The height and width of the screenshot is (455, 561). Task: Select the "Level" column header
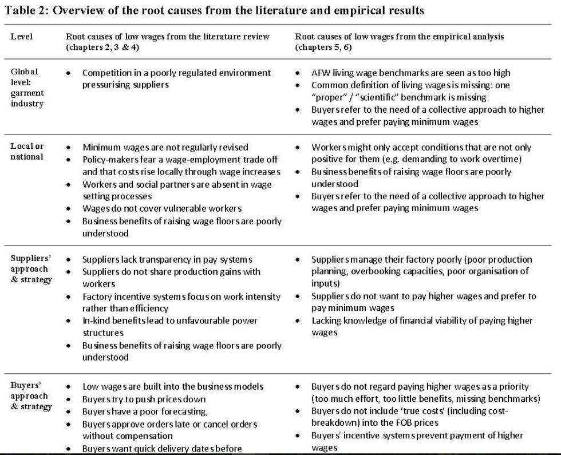click(x=22, y=37)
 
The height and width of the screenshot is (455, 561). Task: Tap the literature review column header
click(x=167, y=41)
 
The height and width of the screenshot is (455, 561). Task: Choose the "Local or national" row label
click(x=27, y=151)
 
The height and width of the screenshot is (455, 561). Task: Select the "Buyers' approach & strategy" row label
click(x=29, y=396)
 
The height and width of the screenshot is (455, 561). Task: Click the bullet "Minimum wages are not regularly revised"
click(x=165, y=147)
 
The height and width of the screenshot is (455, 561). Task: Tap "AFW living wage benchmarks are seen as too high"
click(x=410, y=73)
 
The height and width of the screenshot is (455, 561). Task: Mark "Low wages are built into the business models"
click(x=173, y=386)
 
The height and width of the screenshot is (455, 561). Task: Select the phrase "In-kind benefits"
click(x=114, y=321)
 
